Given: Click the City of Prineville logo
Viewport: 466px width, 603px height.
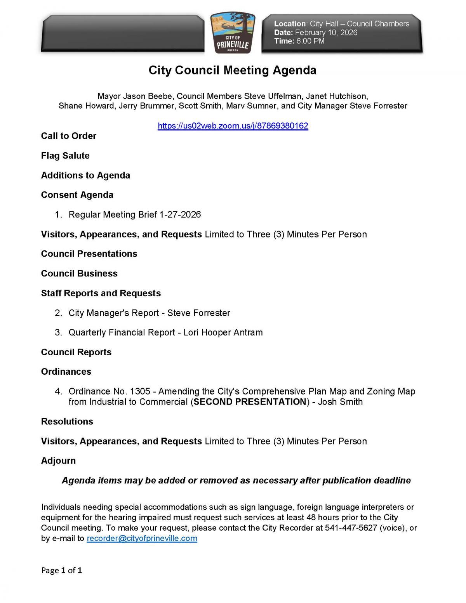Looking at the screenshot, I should [x=233, y=34].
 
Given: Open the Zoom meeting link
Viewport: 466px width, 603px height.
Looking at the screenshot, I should [x=233, y=126].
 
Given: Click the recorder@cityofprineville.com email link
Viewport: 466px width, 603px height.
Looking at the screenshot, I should [x=142, y=538].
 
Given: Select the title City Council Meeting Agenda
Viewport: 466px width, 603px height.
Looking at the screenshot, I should [x=232, y=70].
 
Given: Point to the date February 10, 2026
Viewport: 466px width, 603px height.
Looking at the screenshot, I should [x=326, y=33].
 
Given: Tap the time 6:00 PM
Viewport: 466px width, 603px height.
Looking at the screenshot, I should [x=310, y=41].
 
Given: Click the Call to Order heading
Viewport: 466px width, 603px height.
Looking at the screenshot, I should [x=69, y=136].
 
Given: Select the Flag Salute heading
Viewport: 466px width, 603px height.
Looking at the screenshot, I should [x=65, y=156].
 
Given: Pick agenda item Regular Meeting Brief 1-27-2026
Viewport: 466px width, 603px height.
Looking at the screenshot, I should [x=134, y=215].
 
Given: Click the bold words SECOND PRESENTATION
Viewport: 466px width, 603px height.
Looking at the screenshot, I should [x=250, y=402].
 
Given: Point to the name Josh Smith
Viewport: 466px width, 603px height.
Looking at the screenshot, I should [x=340, y=402].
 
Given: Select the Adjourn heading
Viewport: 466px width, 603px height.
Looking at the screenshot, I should [x=58, y=461].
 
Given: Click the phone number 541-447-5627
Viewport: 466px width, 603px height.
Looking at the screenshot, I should [x=351, y=528].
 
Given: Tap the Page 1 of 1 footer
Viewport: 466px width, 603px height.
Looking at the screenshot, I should [x=61, y=570].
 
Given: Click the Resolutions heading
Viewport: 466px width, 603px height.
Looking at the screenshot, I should [x=67, y=422].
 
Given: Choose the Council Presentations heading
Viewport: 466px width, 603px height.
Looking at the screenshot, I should [x=89, y=254].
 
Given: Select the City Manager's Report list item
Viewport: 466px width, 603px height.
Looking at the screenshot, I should [x=149, y=313].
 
